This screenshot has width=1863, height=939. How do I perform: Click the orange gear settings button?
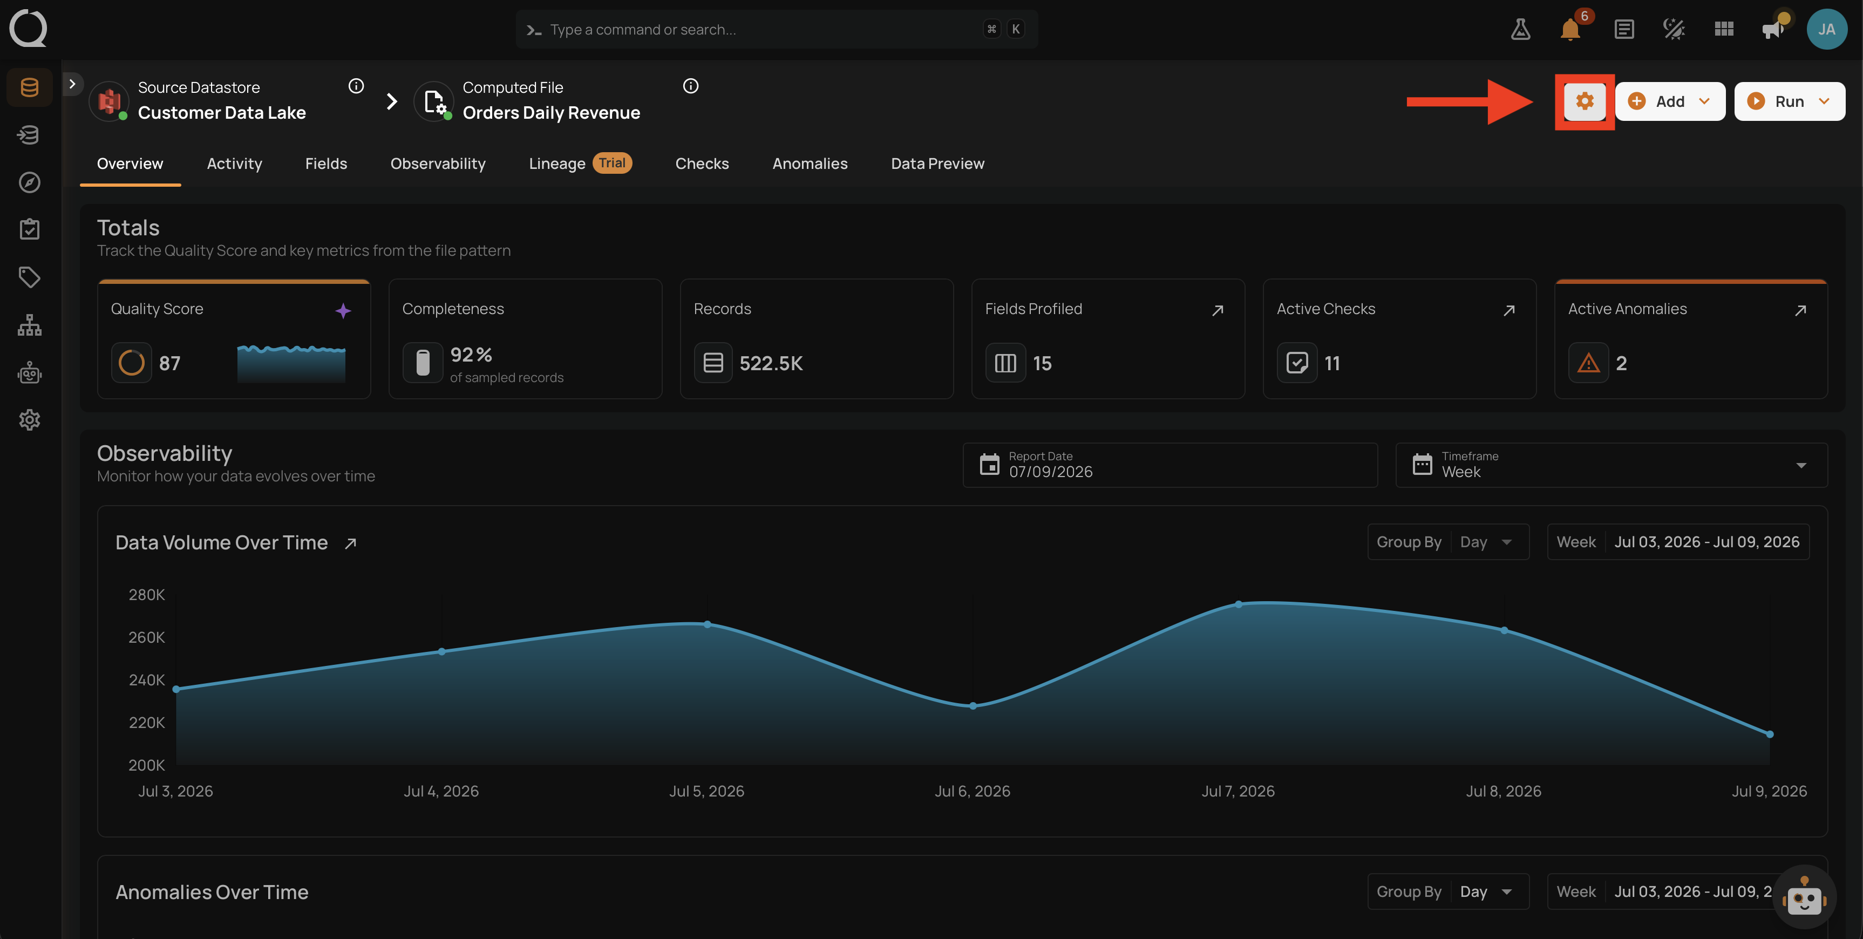1585,101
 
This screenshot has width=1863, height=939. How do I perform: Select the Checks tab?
702,164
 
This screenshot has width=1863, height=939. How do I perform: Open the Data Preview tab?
937,164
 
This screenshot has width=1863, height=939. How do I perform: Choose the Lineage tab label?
557,164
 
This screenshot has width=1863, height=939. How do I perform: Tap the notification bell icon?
1569,30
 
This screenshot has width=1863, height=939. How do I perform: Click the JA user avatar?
1827,29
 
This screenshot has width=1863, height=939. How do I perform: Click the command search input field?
777,29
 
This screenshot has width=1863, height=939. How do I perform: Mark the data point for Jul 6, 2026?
973,705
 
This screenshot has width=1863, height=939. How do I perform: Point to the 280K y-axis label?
147,595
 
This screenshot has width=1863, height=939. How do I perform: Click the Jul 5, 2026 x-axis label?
706,791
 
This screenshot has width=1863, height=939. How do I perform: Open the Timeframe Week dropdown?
1612,465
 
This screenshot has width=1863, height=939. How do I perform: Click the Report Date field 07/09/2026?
1170,465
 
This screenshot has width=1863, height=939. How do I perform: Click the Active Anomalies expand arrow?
1800,310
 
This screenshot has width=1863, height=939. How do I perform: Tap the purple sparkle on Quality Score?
343,310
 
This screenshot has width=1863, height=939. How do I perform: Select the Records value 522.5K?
771,363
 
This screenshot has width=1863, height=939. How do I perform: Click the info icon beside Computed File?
691,86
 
